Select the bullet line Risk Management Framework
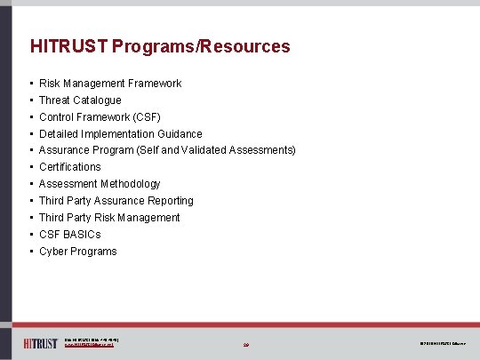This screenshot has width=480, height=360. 110,84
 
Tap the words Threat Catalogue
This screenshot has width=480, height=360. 80,100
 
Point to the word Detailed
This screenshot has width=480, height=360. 59,134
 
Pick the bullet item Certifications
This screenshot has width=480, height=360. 70,167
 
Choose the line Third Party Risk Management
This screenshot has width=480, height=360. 109,218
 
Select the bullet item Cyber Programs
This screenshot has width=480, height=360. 78,252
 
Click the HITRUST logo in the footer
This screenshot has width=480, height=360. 40,342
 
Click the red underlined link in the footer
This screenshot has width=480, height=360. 90,345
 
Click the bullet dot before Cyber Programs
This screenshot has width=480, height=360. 31,252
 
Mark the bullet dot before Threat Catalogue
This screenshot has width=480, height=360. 31,100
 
